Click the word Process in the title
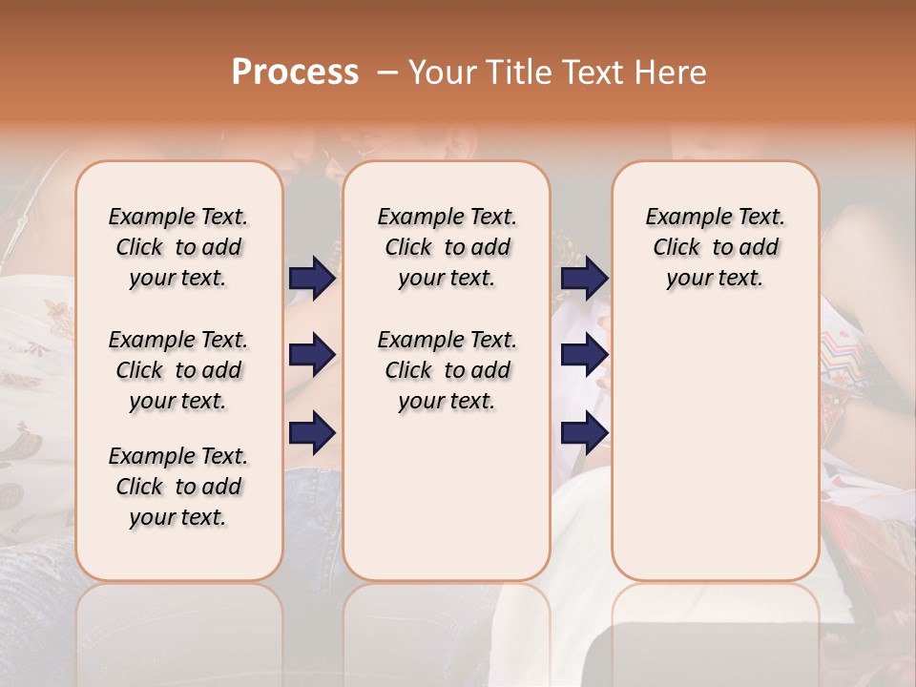[295, 73]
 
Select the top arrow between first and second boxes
[313, 278]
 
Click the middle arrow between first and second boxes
[313, 355]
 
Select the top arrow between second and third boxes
[584, 278]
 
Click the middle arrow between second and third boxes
[584, 355]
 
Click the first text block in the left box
[178, 247]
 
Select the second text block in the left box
[178, 370]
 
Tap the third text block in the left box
[178, 487]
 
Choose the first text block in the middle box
[447, 247]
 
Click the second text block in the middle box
[447, 370]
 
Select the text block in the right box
[715, 247]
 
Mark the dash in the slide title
[387, 73]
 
